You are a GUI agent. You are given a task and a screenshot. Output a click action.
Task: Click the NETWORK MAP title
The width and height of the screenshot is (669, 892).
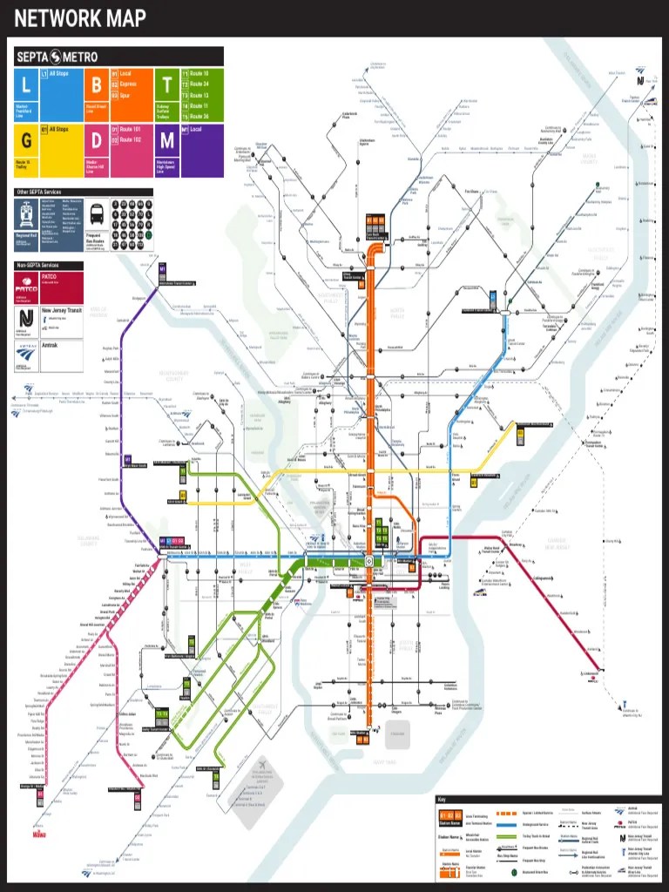coord(79,18)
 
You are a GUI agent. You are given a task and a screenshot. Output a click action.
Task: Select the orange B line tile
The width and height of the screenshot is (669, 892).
coord(96,84)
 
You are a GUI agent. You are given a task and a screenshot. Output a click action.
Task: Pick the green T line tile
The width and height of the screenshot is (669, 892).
coord(166,84)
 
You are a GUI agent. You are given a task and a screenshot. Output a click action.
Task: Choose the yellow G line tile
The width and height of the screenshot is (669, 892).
coord(25,140)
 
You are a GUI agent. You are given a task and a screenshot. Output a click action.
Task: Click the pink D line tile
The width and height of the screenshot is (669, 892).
coord(96,140)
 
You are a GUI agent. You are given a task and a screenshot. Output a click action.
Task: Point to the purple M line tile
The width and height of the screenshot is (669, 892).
coord(166,140)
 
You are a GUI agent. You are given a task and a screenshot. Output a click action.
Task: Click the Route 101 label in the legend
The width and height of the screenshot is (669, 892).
coord(130,129)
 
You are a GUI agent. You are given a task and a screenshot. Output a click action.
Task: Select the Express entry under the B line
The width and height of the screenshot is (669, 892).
coord(127,84)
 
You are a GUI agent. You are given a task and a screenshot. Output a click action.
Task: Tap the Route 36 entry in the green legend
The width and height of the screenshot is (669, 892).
coord(199,116)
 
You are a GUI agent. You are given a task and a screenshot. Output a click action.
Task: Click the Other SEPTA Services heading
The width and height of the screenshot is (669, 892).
coord(39,192)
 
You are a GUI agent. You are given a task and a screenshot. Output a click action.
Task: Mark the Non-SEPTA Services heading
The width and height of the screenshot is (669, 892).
coord(37,265)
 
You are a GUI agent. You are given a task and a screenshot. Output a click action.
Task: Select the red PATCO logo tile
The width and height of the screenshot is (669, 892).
coord(49,287)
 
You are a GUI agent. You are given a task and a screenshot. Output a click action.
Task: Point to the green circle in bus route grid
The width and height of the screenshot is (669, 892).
coord(149,234)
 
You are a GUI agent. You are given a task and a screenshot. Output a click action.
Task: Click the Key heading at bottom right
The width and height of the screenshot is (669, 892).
coord(443,800)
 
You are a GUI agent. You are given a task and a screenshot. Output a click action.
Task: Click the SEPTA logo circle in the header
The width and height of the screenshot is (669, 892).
coord(56,57)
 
